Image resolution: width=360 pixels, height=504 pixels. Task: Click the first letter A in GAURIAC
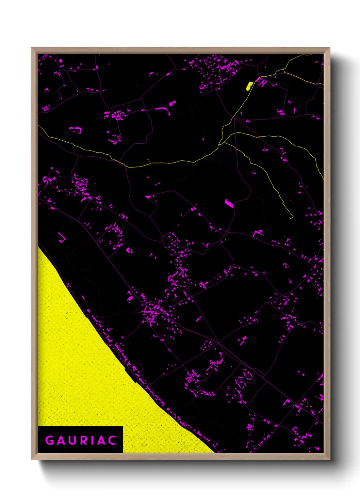pos(61,440)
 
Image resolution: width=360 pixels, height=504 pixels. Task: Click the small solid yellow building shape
pos(249,86)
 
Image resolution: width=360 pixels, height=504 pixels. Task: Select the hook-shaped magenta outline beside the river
pos(62,238)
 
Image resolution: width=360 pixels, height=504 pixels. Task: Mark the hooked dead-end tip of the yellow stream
pos(292,217)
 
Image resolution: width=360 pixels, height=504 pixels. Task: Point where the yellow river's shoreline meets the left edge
pos(38,246)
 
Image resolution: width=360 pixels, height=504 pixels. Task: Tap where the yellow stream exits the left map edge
pos(38,126)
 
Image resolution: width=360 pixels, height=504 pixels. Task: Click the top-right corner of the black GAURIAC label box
pos(122,427)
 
